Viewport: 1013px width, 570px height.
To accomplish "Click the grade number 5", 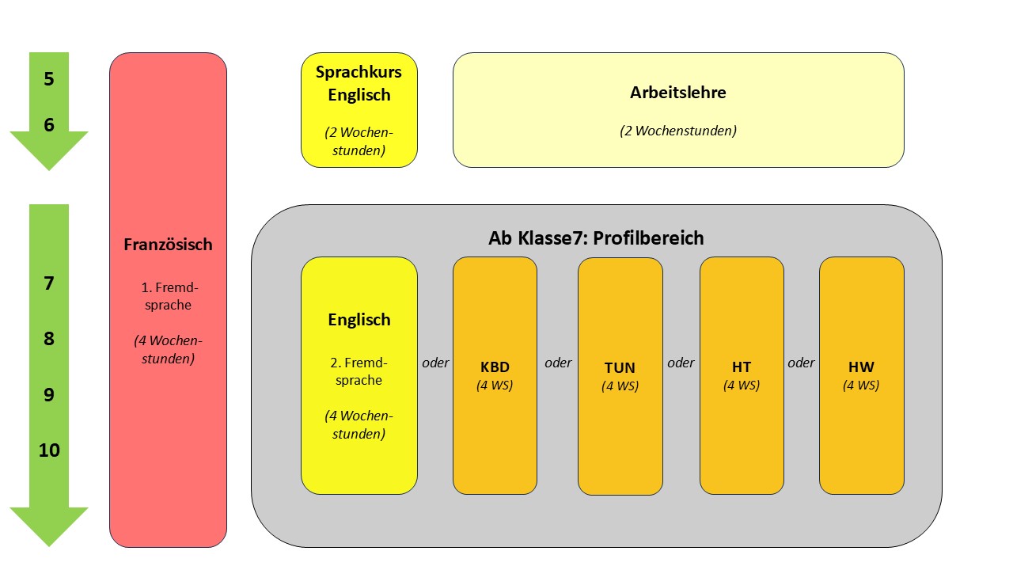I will (x=49, y=79).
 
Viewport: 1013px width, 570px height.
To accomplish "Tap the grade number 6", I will (x=49, y=124).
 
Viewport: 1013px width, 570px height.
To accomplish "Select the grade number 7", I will (x=49, y=283).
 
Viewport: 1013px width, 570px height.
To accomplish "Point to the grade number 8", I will (x=49, y=339).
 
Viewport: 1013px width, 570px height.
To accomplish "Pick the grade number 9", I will (x=49, y=394).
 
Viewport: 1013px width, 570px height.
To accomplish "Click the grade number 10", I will (x=49, y=450).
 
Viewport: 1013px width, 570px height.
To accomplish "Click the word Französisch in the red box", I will (x=168, y=245).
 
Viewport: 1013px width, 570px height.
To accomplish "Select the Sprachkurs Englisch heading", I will (x=359, y=83).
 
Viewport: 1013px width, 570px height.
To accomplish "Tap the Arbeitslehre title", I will (x=677, y=92).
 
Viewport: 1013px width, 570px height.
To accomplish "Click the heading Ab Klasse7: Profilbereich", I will (x=596, y=237).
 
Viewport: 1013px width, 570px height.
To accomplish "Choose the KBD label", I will (x=495, y=367).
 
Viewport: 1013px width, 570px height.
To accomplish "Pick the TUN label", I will (x=620, y=368).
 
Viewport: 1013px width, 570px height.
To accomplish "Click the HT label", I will (x=742, y=367).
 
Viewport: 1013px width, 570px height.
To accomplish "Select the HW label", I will (x=861, y=367).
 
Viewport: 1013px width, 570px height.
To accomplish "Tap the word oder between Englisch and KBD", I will (x=435, y=363).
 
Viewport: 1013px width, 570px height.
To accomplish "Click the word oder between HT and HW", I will (x=801, y=363).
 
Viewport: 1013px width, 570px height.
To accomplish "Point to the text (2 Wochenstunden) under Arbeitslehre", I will (x=677, y=131).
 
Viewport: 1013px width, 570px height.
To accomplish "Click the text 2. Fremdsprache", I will (x=359, y=371).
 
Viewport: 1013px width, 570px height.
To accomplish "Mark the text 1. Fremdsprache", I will (x=168, y=295).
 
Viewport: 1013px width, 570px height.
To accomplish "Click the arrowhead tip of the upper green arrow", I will (x=49, y=169).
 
